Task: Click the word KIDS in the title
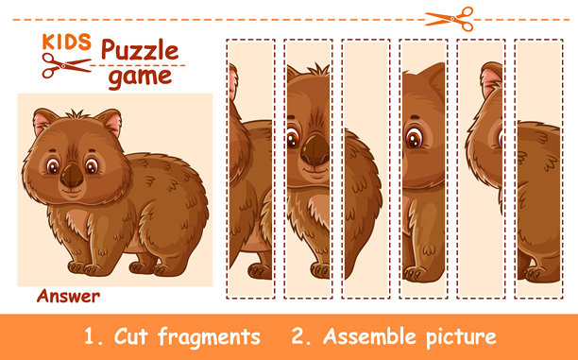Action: point(67,42)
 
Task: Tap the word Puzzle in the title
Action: point(140,50)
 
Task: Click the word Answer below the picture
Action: point(68,296)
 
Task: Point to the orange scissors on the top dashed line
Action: point(450,19)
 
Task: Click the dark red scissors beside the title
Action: point(66,65)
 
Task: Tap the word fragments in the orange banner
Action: point(209,337)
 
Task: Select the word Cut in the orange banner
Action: point(131,336)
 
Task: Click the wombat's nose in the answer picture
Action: point(72,175)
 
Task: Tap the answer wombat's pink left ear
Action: point(42,121)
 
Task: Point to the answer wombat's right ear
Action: point(110,121)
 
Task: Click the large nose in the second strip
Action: point(315,149)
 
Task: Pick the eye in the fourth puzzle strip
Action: point(415,137)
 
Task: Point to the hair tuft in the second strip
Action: point(316,70)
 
